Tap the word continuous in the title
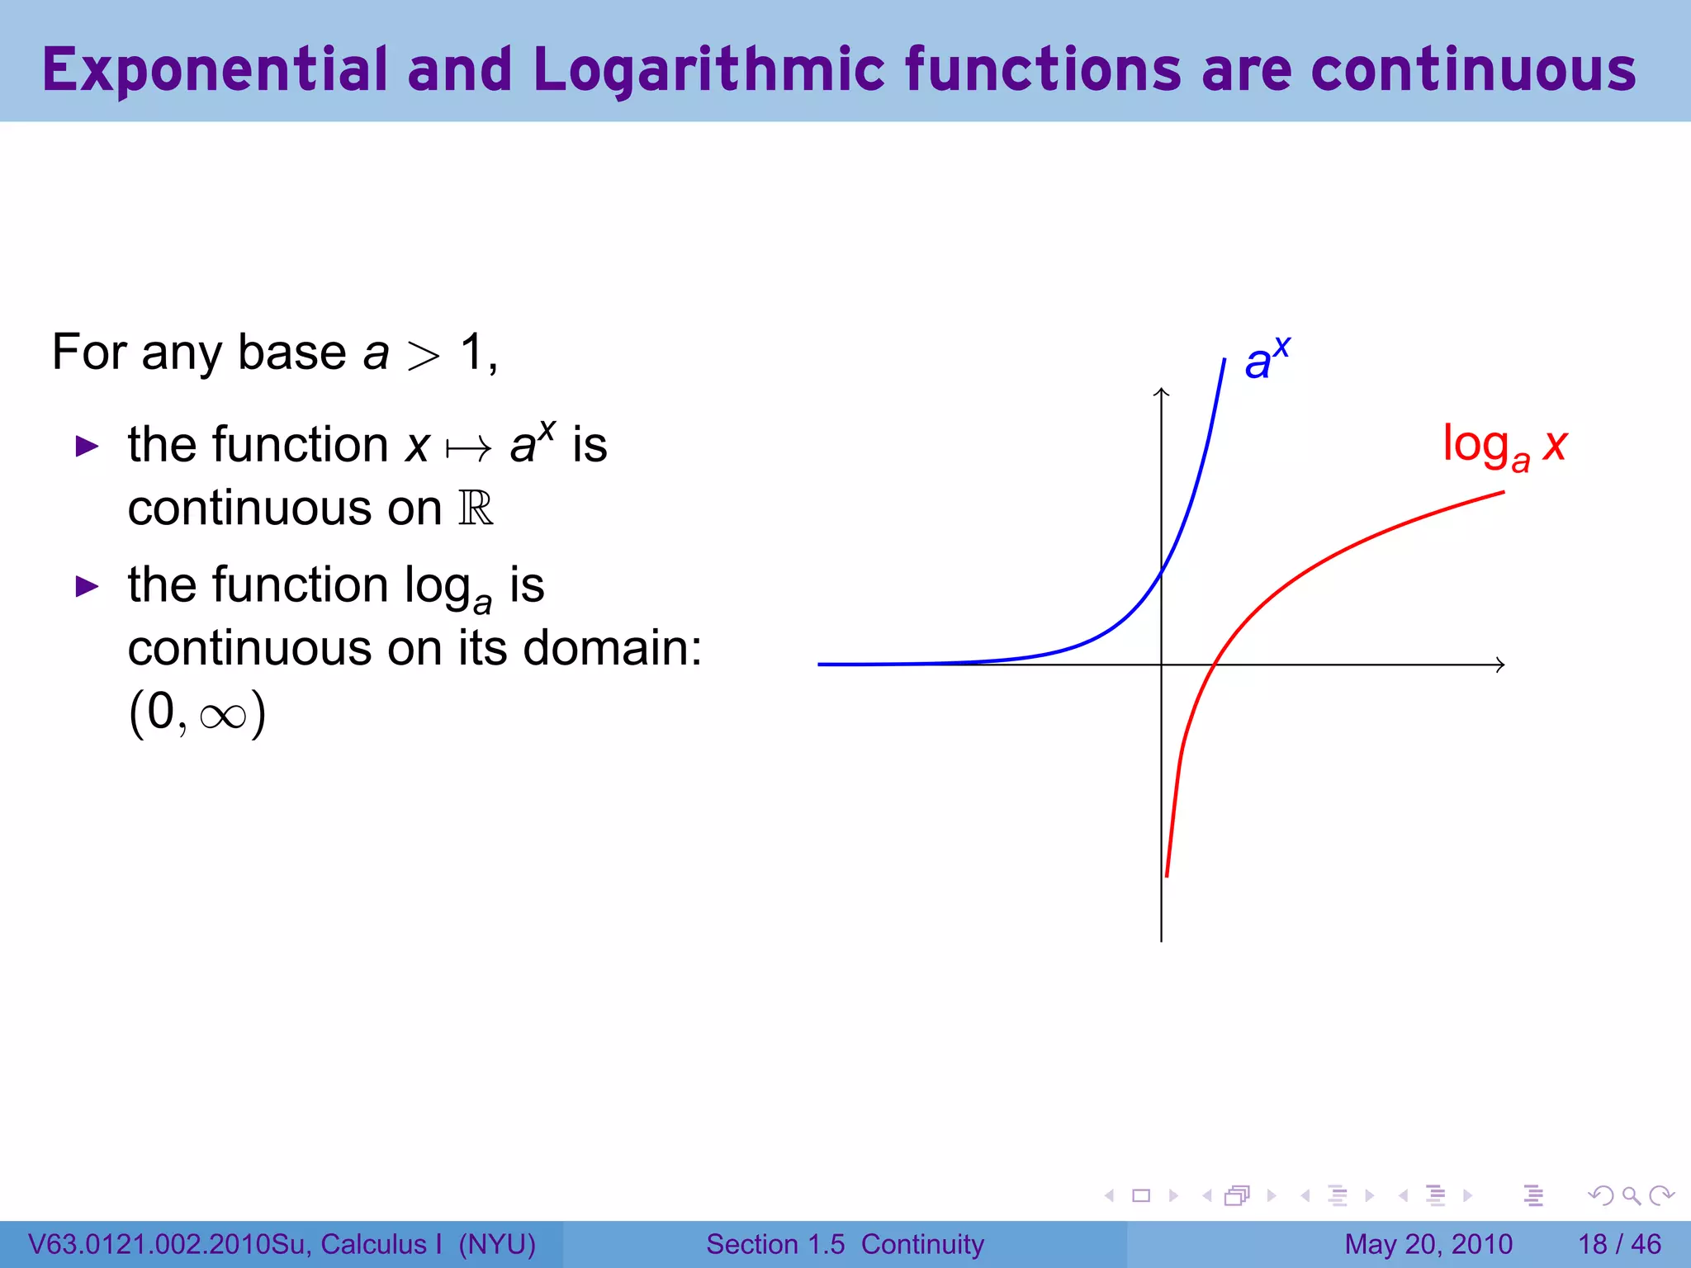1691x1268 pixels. [1473, 70]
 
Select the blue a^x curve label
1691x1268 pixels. [1266, 359]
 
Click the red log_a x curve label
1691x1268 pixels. [1504, 447]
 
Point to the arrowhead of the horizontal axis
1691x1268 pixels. [1500, 665]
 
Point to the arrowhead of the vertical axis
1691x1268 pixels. [1162, 392]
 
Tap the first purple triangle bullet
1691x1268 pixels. [87, 447]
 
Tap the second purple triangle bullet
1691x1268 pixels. [87, 587]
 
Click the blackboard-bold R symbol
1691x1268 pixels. [476, 509]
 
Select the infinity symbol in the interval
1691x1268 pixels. [223, 715]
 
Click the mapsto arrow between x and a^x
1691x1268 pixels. [468, 449]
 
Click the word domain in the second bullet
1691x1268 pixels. [611, 648]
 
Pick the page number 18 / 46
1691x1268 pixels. [1619, 1244]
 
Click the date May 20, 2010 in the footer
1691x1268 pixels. [1428, 1244]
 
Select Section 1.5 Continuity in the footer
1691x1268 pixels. [845, 1244]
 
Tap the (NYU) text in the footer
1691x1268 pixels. [497, 1244]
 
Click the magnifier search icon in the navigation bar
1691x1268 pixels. [1631, 1195]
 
